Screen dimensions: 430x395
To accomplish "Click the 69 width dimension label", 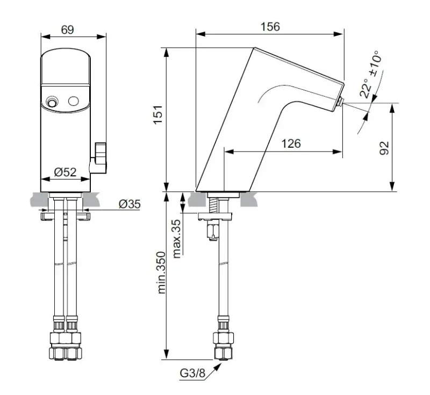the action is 68,30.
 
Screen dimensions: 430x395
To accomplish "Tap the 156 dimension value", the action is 270,27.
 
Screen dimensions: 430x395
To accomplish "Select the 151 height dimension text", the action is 159,115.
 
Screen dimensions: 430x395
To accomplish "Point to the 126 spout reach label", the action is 291,143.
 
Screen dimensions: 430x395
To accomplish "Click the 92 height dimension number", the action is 384,148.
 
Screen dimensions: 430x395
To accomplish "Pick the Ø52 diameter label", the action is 65,172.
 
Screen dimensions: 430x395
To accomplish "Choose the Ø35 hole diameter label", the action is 130,204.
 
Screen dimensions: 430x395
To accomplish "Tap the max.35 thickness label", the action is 177,239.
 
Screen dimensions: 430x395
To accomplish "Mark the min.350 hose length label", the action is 162,273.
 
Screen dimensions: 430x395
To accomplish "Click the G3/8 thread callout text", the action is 192,373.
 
